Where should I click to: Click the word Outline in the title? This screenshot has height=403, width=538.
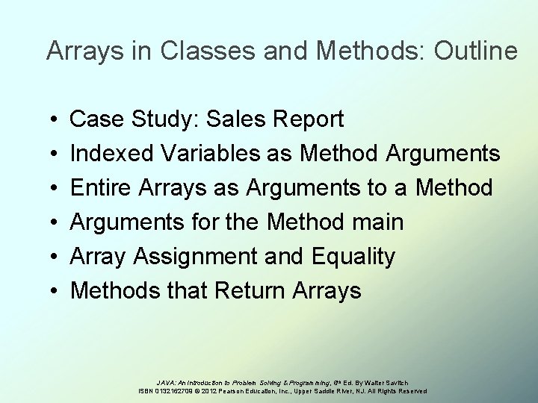pyautogui.click(x=474, y=51)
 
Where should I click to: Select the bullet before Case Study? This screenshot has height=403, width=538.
pyautogui.click(x=58, y=119)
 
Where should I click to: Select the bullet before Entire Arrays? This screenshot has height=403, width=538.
pyautogui.click(x=58, y=188)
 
